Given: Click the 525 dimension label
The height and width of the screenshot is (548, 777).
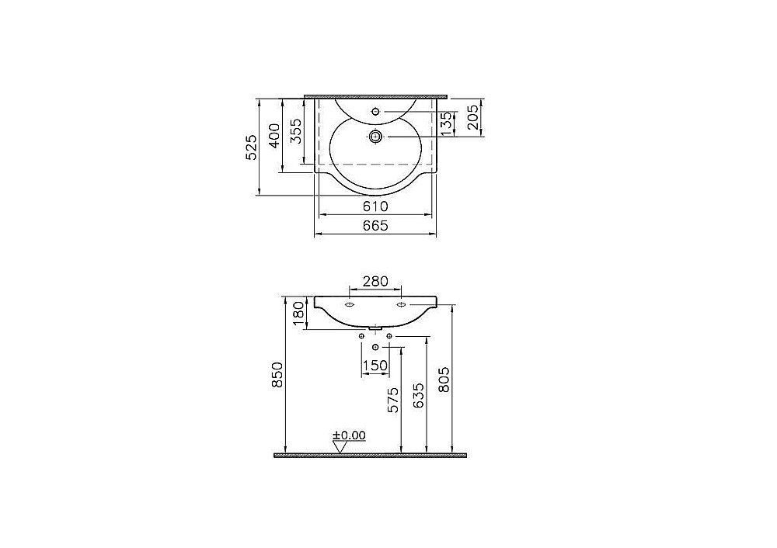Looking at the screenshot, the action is [252, 147].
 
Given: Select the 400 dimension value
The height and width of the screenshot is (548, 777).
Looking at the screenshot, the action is [274, 135].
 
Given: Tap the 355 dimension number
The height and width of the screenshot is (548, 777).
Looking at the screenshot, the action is [296, 130].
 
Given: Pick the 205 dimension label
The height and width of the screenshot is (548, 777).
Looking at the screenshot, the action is [474, 117].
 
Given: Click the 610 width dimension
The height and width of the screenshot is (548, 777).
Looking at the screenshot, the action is [375, 206].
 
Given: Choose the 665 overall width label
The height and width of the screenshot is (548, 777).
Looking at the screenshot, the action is [375, 226].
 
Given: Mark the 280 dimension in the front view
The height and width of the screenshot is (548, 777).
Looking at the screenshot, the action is [375, 281].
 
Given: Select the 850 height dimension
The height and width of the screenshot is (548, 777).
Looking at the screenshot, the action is [277, 375].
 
